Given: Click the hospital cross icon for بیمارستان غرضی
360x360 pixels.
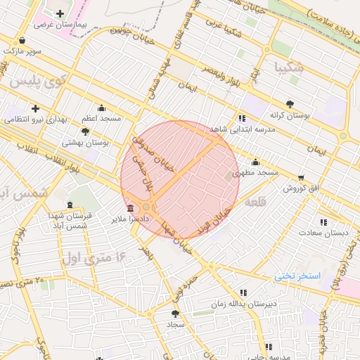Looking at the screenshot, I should (60, 13).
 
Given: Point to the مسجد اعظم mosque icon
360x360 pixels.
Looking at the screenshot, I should (101, 108).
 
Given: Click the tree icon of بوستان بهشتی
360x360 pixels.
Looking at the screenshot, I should (86, 131).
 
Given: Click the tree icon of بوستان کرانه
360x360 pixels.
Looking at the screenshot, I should (291, 103).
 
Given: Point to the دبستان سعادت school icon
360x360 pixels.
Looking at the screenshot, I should (323, 222).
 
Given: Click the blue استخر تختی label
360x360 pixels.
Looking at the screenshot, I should (297, 276).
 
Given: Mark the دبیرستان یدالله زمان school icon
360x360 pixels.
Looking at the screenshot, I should (243, 292).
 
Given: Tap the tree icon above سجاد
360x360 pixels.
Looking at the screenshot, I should (175, 314).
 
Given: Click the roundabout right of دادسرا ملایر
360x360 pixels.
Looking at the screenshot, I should (146, 208).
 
